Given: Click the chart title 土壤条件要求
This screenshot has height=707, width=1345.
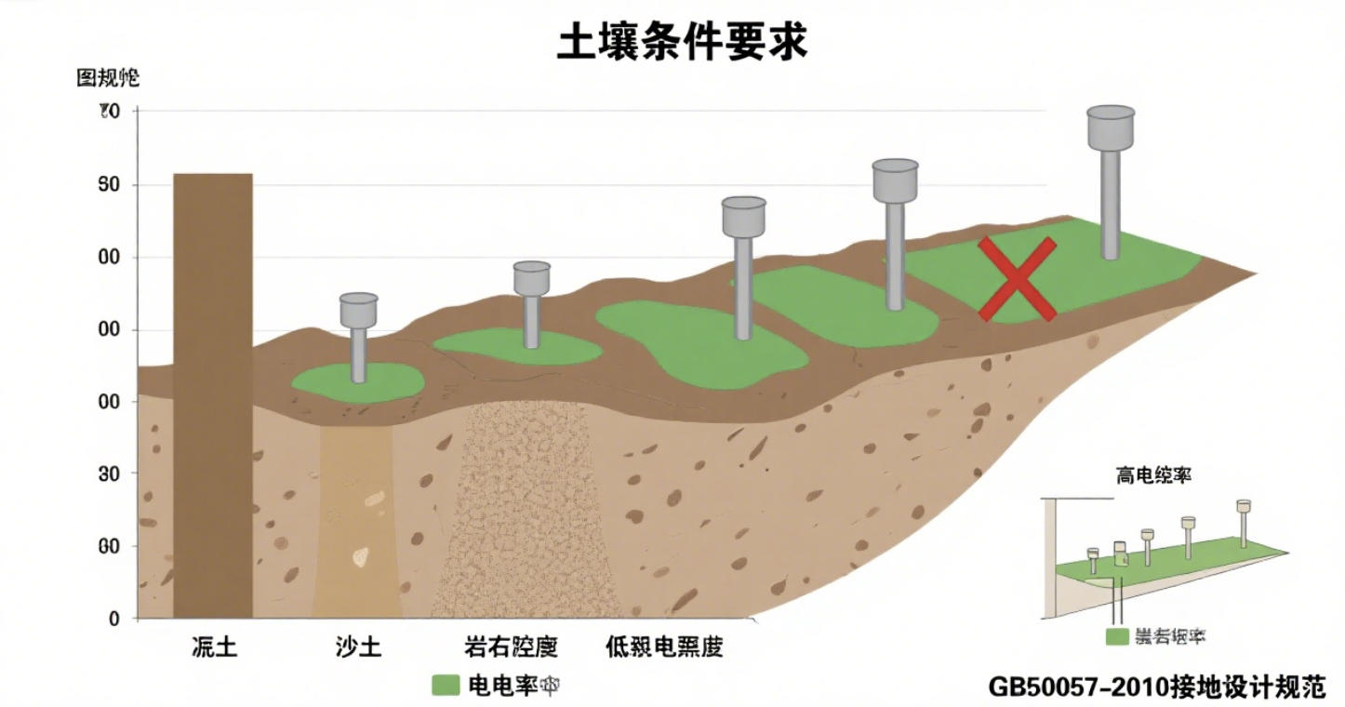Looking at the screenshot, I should (x=682, y=43).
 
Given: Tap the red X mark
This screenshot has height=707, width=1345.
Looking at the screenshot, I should (x=1018, y=279).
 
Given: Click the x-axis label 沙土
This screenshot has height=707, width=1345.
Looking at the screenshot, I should (x=359, y=647).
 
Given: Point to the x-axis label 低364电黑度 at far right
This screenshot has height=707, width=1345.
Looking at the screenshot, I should (x=663, y=647).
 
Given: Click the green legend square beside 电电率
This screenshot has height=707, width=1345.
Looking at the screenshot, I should (x=446, y=686).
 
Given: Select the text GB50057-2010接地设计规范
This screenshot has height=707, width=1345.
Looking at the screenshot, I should (x=1156, y=687).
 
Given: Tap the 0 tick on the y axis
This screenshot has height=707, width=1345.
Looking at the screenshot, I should (x=113, y=619).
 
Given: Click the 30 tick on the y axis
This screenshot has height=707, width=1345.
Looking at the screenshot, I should (x=110, y=474).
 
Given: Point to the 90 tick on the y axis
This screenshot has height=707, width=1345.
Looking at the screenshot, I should (x=110, y=184).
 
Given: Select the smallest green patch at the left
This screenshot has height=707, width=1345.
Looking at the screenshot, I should (x=358, y=382).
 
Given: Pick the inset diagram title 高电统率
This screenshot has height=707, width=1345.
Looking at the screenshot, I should (x=1153, y=474).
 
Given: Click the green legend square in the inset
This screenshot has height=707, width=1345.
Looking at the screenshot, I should (x=1116, y=636).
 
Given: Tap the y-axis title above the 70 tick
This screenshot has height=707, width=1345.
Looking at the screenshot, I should (x=107, y=78).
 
